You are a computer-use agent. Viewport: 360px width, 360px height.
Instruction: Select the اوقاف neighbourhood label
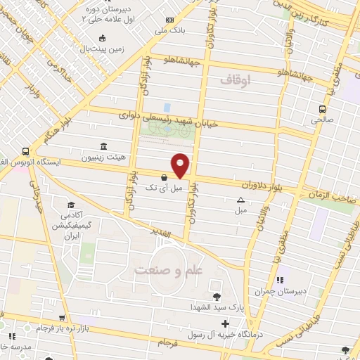click(235, 81)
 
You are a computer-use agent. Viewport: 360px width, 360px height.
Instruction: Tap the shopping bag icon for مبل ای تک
click(164, 178)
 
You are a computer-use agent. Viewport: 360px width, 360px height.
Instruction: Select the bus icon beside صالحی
click(322, 109)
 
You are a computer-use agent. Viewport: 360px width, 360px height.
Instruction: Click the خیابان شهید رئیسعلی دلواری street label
click(167, 120)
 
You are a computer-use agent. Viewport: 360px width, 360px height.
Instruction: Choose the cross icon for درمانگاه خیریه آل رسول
click(224, 324)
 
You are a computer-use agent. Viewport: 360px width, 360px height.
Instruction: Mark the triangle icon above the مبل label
click(241, 200)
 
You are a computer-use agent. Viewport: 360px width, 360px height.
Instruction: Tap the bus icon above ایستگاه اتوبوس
click(26, 151)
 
